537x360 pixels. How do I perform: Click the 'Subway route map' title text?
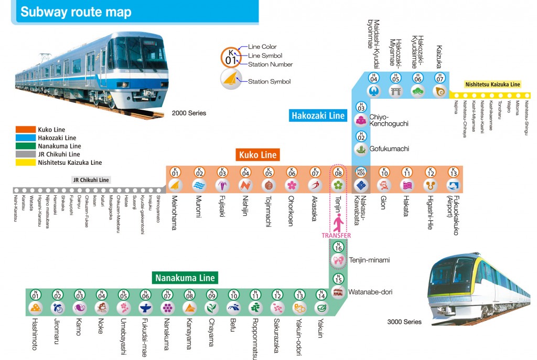click(x=76, y=12)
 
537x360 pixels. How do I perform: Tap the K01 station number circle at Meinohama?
click(x=176, y=172)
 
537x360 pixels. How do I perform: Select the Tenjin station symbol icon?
click(x=339, y=185)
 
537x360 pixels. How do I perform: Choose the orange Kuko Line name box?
click(x=257, y=155)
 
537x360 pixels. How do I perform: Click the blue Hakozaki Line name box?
click(x=318, y=115)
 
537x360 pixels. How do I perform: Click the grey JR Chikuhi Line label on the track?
click(x=91, y=179)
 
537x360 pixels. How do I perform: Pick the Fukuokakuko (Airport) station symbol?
click(x=453, y=185)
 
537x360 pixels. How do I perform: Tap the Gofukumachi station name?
click(x=389, y=149)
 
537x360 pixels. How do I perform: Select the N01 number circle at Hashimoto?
click(x=36, y=294)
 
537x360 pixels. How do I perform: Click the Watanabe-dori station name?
click(x=368, y=291)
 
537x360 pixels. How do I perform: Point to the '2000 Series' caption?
click(x=189, y=113)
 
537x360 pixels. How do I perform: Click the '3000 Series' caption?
click(x=404, y=322)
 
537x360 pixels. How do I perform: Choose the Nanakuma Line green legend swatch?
click(x=26, y=146)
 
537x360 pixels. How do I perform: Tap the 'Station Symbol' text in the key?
click(x=269, y=81)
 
